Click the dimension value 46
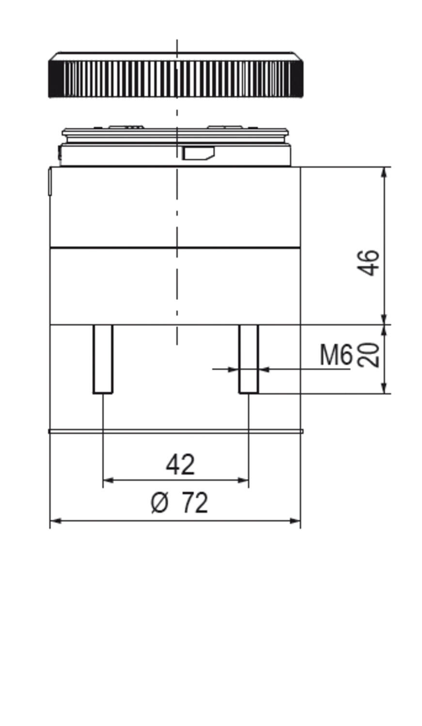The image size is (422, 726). pyautogui.click(x=369, y=262)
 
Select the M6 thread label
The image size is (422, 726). pyautogui.click(x=335, y=355)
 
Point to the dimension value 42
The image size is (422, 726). pyautogui.click(x=180, y=465)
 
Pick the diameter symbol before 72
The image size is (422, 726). pyautogui.click(x=159, y=503)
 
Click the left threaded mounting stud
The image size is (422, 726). pyautogui.click(x=103, y=359)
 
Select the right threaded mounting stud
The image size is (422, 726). pyautogui.click(x=249, y=359)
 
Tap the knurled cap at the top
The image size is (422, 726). pyautogui.click(x=176, y=76)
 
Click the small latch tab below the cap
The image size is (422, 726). pyautogui.click(x=198, y=153)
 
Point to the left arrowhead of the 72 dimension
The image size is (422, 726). pyautogui.click(x=55, y=521)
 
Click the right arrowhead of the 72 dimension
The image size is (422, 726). pyautogui.click(x=296, y=521)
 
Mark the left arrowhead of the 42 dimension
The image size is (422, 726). pyautogui.click(x=108, y=480)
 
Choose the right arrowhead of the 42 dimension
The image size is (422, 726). pyautogui.click(x=244, y=480)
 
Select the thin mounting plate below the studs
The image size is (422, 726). pyautogui.click(x=176, y=431)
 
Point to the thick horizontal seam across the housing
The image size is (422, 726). pyautogui.click(x=176, y=248)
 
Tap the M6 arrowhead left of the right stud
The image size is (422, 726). pyautogui.click(x=234, y=369)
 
